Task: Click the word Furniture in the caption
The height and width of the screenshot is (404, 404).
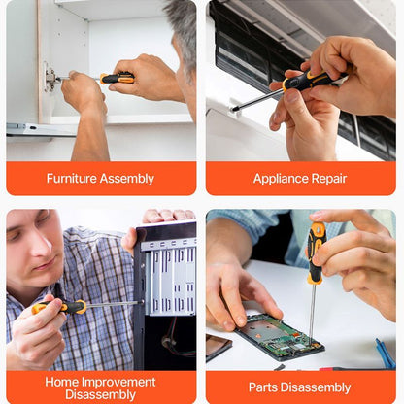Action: [72, 178]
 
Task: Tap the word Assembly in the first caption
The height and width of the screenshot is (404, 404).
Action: [126, 179]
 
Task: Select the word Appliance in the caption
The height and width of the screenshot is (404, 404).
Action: [281, 179]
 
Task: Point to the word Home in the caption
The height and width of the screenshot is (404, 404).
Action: [61, 382]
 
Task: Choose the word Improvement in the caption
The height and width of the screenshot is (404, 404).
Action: [118, 383]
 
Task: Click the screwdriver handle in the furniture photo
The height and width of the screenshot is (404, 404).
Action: [117, 78]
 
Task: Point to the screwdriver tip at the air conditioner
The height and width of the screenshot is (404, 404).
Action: [232, 110]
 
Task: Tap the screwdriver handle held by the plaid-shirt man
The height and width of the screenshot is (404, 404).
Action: [60, 307]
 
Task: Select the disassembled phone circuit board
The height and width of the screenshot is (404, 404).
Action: [280, 337]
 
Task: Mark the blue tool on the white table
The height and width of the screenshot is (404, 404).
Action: [386, 353]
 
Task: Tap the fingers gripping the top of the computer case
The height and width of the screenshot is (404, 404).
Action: [168, 216]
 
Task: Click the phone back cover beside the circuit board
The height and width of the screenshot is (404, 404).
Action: [219, 347]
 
